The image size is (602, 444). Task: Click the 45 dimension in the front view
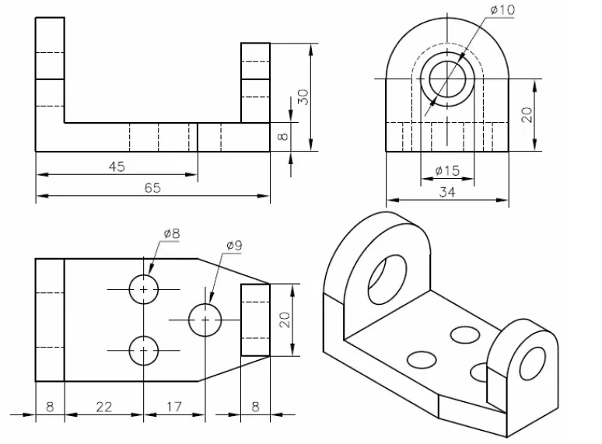116,166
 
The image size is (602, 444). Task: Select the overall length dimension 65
152,187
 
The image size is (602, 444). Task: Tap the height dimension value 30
304,96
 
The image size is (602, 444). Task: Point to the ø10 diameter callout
502,9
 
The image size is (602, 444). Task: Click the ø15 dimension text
446,170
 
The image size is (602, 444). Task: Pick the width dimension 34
446,192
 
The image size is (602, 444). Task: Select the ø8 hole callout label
171,232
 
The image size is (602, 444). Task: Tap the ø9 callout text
234,245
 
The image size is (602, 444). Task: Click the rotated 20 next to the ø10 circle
527,114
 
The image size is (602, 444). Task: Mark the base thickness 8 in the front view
283,137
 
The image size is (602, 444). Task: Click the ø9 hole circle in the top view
205,320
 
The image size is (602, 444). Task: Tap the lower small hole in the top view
144,351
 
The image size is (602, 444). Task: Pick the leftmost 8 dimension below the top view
49,406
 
